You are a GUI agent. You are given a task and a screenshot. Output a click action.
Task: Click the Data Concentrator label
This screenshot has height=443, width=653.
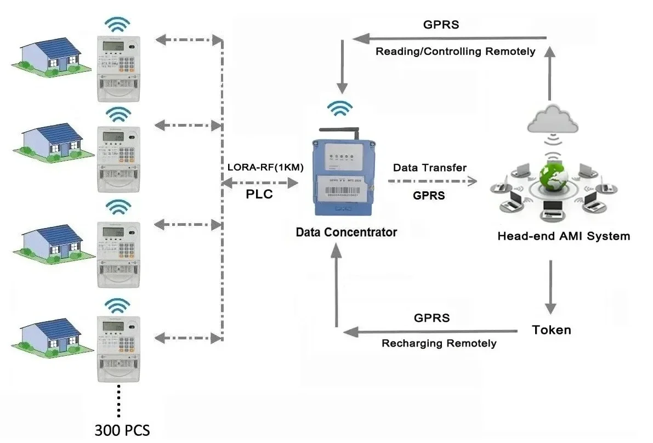pos(346,232)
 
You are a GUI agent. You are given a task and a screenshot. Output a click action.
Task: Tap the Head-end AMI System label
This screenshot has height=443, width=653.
pos(563,237)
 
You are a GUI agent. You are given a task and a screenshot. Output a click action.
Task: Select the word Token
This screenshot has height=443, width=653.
pos(551,330)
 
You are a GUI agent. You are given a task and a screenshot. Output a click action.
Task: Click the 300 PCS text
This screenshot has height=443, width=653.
pos(122,429)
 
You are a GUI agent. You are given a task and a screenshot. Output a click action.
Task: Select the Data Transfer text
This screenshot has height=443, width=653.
pos(429,168)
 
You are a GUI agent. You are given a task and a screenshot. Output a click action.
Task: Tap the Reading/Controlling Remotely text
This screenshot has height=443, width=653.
pos(455,52)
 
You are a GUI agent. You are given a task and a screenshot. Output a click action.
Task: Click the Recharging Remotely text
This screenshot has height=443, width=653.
pos(439,344)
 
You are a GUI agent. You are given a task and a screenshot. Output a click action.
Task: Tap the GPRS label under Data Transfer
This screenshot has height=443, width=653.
pos(429,195)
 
